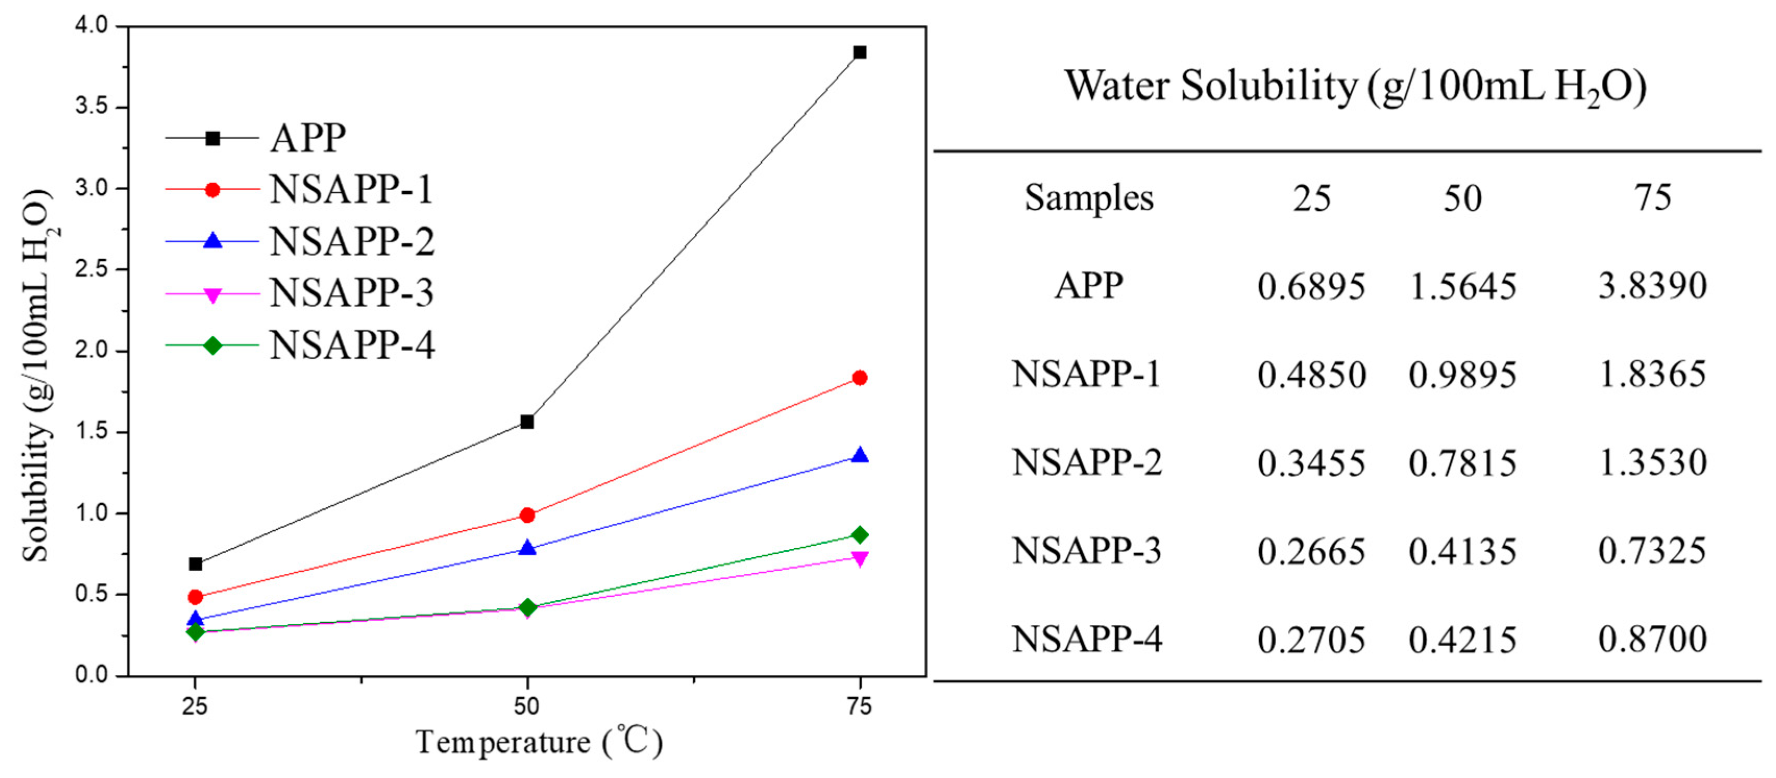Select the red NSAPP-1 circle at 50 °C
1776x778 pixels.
[527, 515]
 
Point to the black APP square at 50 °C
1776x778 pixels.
[527, 421]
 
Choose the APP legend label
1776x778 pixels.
[307, 138]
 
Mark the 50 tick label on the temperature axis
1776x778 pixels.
[527, 706]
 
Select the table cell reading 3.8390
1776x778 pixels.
[1652, 285]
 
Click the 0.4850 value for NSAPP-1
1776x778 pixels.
[1311, 375]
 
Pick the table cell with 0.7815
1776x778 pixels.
[1462, 463]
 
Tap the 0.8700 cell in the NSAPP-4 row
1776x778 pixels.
[1652, 639]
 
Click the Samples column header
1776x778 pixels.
[1088, 198]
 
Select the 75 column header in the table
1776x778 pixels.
[1652, 198]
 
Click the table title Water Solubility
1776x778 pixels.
[1355, 87]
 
